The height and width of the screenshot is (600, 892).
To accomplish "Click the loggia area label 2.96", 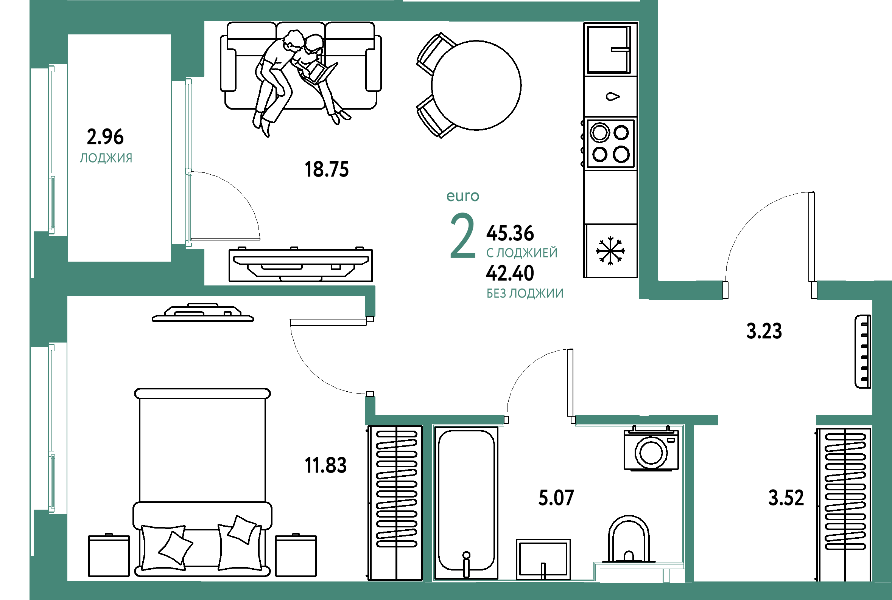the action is (x=105, y=136).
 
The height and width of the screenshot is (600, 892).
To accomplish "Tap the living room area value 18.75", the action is (x=327, y=169).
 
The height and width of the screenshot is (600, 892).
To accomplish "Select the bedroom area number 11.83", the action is (x=325, y=465).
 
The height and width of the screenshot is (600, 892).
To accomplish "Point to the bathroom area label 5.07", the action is (x=556, y=498).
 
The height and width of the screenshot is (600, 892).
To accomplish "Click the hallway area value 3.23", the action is (x=764, y=331).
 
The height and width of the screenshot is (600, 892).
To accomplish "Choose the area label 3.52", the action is (x=786, y=498).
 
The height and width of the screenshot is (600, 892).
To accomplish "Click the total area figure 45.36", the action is (x=510, y=233).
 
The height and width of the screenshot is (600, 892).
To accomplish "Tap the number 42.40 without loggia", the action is (x=510, y=273).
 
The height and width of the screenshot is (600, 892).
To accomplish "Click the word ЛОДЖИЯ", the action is (x=106, y=158).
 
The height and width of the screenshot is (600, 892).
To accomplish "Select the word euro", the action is (x=463, y=196).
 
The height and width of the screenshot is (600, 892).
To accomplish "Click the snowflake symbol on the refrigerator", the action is (x=610, y=251).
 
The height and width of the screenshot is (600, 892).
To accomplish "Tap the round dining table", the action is (x=476, y=85).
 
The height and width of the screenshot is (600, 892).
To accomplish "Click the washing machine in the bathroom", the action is (x=651, y=448).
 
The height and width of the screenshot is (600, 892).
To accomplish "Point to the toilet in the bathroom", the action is (x=629, y=540).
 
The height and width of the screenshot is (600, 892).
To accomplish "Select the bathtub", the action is (x=466, y=503).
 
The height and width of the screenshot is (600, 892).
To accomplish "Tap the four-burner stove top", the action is (x=610, y=144).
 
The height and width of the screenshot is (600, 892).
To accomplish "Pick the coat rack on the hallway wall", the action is (x=863, y=351).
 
